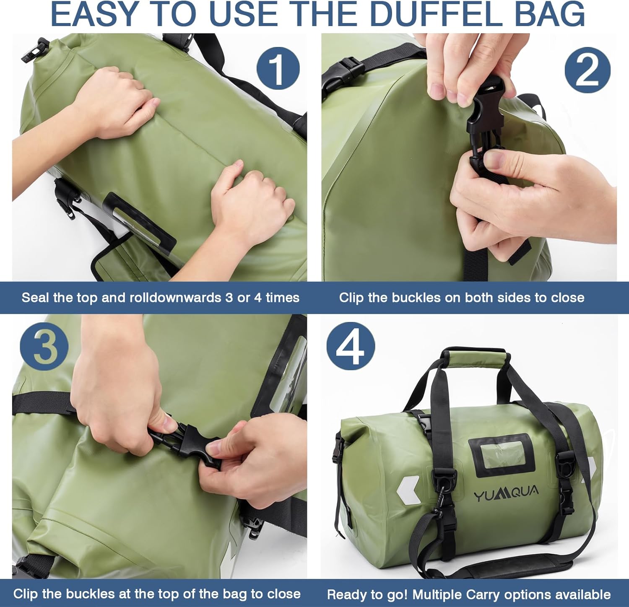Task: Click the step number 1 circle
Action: tap(278, 68)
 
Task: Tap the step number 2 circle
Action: tap(587, 68)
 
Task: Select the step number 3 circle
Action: tap(44, 346)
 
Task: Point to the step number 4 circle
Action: tap(351, 346)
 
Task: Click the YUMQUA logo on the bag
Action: tap(506, 493)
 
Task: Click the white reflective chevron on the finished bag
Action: tap(407, 490)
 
